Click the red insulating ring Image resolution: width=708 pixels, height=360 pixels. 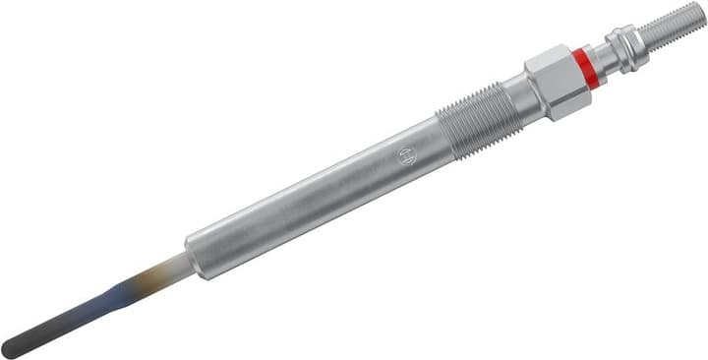586,66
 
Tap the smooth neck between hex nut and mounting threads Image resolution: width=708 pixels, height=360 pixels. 515,99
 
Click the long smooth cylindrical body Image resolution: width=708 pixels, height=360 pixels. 315,192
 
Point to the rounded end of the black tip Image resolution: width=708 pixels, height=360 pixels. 9,349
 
